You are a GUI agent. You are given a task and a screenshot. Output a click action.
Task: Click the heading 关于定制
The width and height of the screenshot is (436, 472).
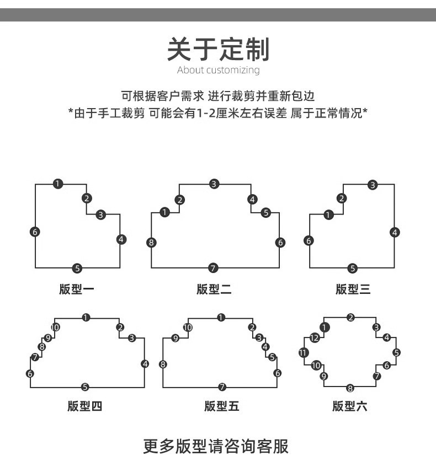click(x=218, y=50)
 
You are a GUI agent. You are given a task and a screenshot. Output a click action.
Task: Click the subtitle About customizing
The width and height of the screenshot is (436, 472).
click(x=218, y=70)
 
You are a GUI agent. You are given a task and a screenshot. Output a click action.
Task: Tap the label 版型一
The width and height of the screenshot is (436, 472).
click(x=77, y=289)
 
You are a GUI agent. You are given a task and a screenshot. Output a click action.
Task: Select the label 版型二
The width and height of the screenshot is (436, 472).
click(x=214, y=289)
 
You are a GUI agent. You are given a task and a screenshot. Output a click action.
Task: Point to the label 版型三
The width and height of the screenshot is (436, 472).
click(x=353, y=289)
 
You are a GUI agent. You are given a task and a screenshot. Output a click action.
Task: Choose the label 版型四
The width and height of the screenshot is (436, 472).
click(x=84, y=407)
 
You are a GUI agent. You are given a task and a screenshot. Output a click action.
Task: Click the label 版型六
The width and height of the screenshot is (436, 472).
click(x=349, y=407)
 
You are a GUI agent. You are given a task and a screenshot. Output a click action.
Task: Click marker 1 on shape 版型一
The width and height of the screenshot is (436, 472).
click(x=58, y=184)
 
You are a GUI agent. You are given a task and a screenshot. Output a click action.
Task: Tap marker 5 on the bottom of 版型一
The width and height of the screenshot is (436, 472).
click(x=77, y=269)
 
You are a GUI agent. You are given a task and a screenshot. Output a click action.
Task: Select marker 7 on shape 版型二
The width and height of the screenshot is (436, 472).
click(x=214, y=269)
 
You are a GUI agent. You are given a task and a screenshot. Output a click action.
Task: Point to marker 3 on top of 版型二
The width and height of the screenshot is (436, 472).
click(x=214, y=184)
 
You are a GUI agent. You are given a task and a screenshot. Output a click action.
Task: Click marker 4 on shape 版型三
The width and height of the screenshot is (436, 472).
click(x=394, y=232)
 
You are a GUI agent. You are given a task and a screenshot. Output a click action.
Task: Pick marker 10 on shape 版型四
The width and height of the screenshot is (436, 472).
click(x=55, y=328)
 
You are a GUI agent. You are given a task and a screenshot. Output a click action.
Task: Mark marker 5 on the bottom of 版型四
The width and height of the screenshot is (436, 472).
click(x=84, y=387)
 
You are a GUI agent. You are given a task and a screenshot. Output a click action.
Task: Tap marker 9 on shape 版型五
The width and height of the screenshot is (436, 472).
click(x=176, y=339)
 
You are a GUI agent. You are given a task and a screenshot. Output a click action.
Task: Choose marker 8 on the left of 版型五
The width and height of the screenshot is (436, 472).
click(x=163, y=364)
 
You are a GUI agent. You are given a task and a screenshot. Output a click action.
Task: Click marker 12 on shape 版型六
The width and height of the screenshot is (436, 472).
click(x=314, y=338)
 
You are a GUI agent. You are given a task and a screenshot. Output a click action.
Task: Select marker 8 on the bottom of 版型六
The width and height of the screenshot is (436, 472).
click(x=350, y=388)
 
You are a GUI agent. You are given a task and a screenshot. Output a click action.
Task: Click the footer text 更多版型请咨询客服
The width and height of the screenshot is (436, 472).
click(x=216, y=446)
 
